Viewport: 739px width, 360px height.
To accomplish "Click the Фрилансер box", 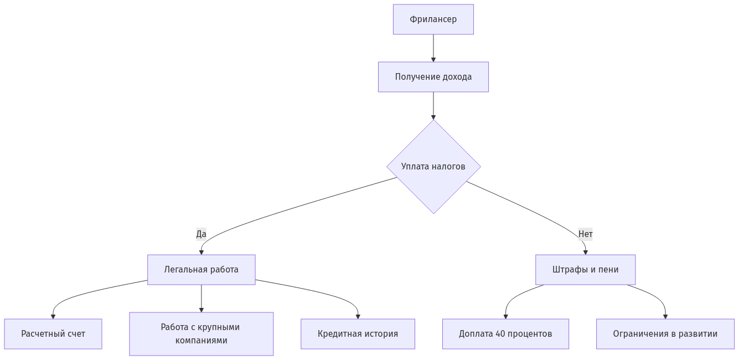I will tap(433, 19).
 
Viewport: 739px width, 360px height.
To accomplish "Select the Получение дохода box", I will tap(433, 77).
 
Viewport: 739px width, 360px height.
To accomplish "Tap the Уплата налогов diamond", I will tap(433, 166).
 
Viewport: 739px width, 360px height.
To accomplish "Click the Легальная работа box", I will tap(201, 270).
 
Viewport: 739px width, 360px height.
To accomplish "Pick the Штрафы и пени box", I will tap(585, 270).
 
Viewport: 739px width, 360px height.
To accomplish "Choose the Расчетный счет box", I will tap(53, 334).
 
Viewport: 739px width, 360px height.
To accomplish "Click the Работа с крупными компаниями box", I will tap(201, 334).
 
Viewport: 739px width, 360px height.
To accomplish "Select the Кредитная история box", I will tap(358, 334).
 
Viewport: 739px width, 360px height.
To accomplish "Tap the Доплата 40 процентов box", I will tap(505, 334).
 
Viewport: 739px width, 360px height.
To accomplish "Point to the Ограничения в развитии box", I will tap(665, 334).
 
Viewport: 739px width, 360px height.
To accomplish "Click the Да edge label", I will tap(201, 234).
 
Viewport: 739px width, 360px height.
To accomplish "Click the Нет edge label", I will tap(585, 234).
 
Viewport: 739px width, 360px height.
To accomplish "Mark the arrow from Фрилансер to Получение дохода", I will tap(433, 48).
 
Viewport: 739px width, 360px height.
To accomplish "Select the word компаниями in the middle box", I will tap(201, 341).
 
